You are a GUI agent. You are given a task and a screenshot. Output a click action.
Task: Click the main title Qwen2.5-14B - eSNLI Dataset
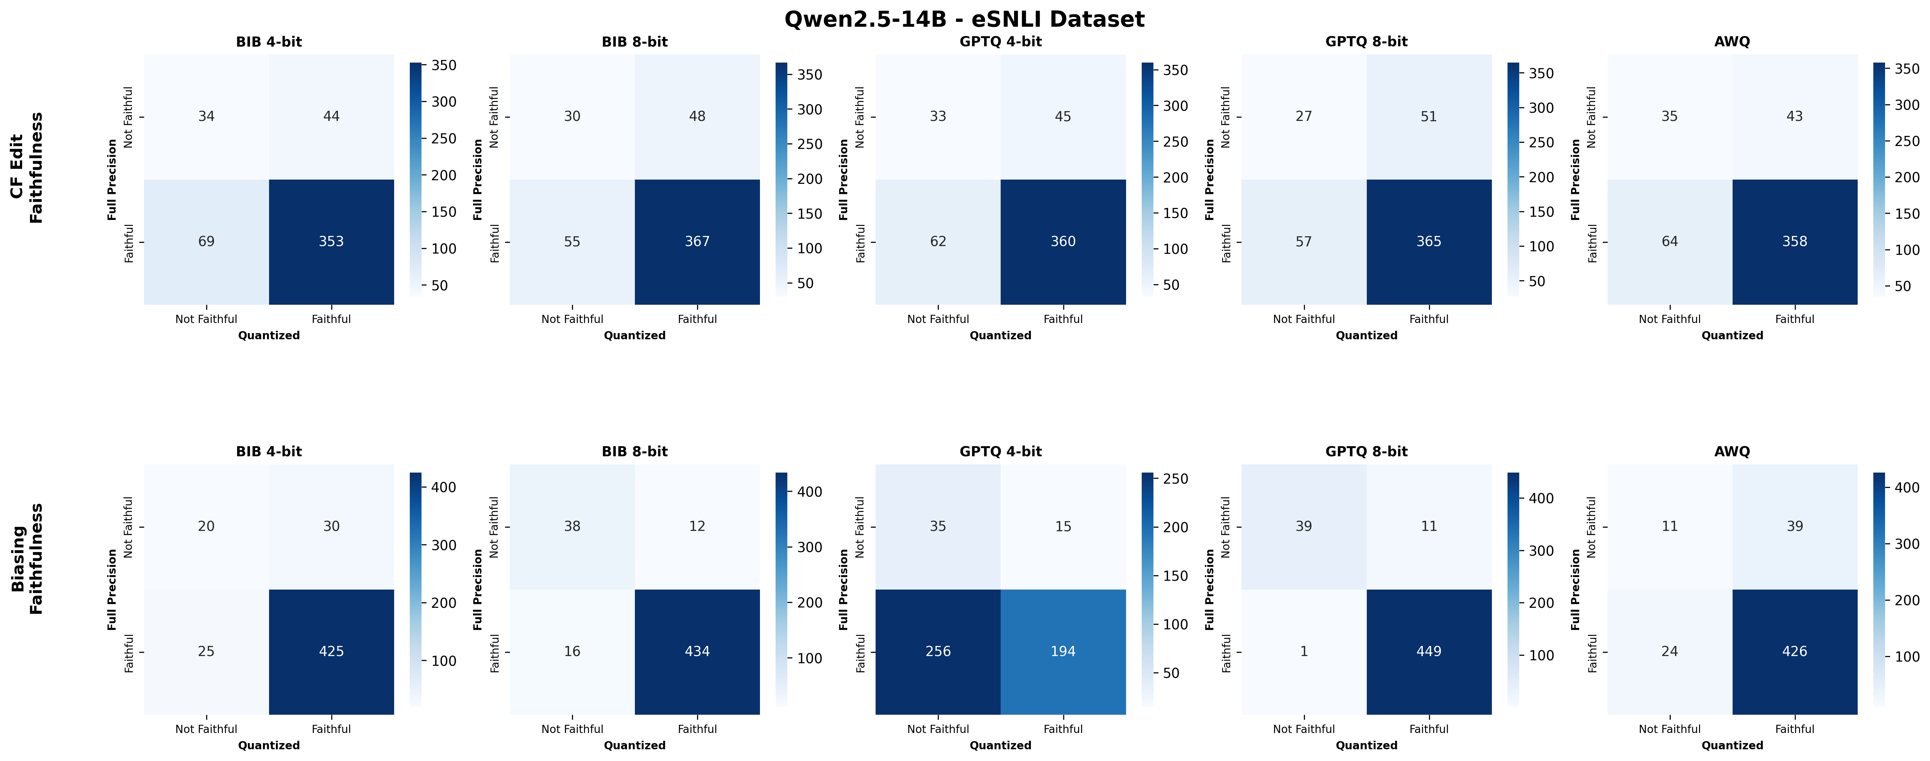964,19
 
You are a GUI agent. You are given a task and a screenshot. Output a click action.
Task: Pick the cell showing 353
331,241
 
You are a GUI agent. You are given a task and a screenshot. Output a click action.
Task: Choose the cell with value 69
206,241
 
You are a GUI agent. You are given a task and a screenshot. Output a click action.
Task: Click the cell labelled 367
697,241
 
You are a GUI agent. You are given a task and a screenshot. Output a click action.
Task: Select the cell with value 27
1304,116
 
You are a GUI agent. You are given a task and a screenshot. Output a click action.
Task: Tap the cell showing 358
1794,241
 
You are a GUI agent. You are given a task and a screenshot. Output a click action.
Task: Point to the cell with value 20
206,526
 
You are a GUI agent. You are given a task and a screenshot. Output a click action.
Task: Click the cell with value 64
1669,241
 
